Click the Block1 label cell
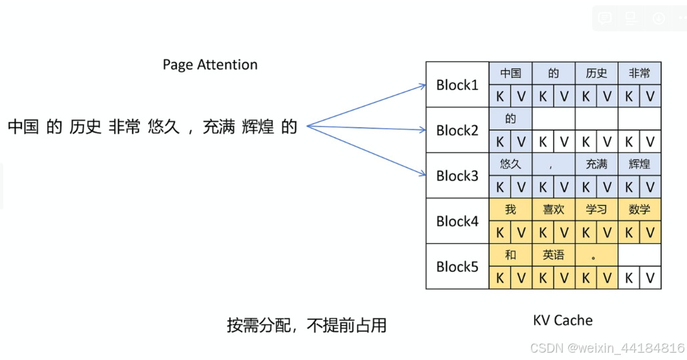pyautogui.click(x=457, y=85)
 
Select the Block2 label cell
pyautogui.click(x=457, y=130)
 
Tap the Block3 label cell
pyautogui.click(x=457, y=176)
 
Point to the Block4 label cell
pyautogui.click(x=457, y=221)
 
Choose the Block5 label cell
pyautogui.click(x=457, y=266)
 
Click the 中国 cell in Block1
pyautogui.click(x=511, y=73)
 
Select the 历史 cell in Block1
pyautogui.click(x=596, y=73)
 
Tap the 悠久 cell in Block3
pyautogui.click(x=511, y=164)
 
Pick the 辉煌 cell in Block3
pyautogui.click(x=639, y=164)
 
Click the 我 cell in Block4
pyautogui.click(x=511, y=210)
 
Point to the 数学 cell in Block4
pyautogui.click(x=639, y=210)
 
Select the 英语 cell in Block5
pyautogui.click(x=553, y=255)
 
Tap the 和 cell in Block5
pyautogui.click(x=511, y=255)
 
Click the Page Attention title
pyautogui.click(x=210, y=65)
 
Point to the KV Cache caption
pyautogui.click(x=562, y=321)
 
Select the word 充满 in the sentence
pyautogui.click(x=218, y=127)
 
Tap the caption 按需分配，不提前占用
pyautogui.click(x=306, y=326)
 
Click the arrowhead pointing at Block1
pyautogui.click(x=423, y=85)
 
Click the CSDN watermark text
pyautogui.click(x=607, y=348)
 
